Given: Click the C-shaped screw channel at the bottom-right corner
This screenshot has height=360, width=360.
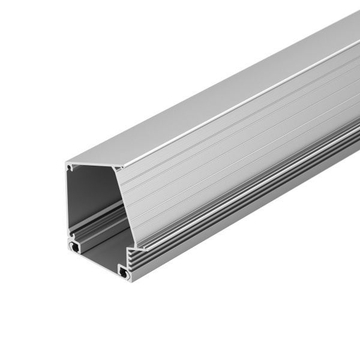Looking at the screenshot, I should pos(125,273).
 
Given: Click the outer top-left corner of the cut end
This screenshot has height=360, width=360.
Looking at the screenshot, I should pos(66,162).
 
